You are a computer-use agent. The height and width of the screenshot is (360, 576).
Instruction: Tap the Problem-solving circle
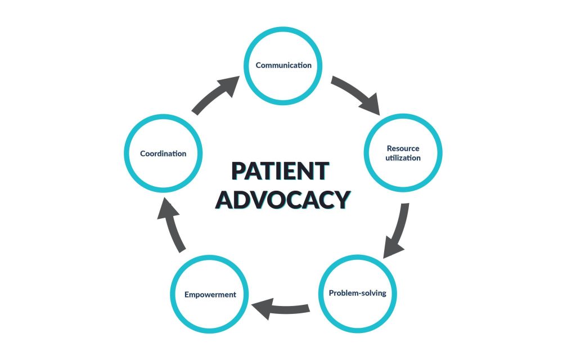tap(358, 294)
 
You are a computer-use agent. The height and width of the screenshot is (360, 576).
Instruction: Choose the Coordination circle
tap(163, 153)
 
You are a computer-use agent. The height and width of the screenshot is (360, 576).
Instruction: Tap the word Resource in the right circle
tap(403, 148)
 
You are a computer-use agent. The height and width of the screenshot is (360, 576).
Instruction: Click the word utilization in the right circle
tap(403, 158)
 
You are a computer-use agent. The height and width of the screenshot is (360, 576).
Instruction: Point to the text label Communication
tap(283, 65)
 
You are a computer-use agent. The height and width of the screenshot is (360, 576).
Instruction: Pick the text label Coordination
tap(163, 153)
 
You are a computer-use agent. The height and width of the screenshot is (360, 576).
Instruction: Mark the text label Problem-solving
tap(358, 293)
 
